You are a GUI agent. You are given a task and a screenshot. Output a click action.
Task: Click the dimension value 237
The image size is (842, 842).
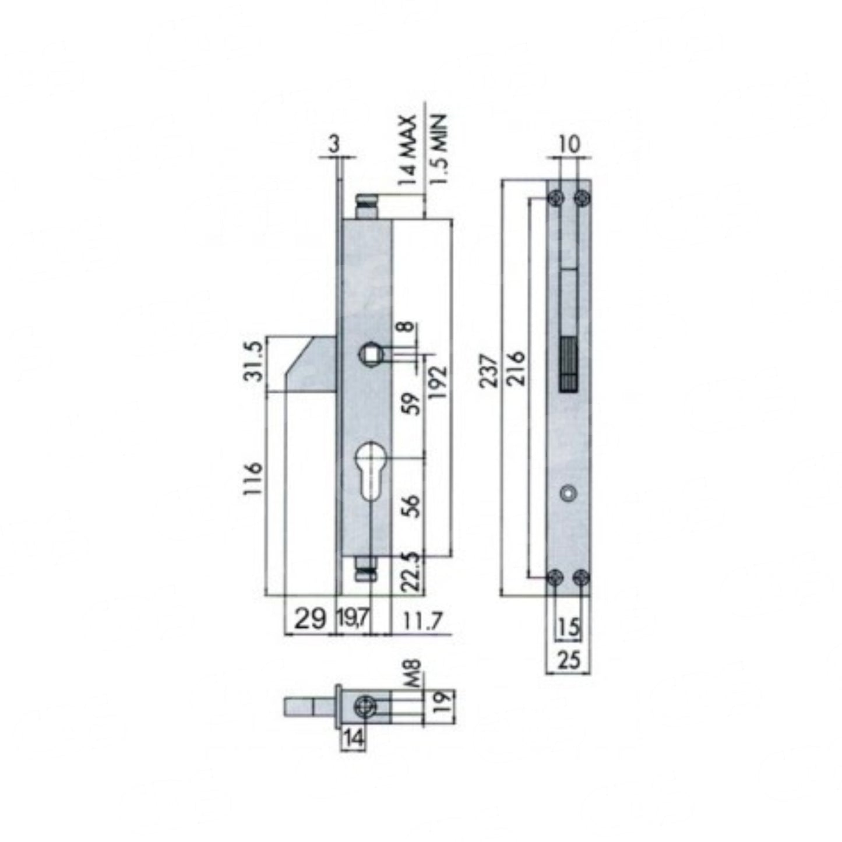tap(488, 371)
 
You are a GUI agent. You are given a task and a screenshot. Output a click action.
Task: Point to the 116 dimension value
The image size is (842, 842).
tap(252, 478)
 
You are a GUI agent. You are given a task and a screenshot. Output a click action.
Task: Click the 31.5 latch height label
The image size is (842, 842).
tap(252, 361)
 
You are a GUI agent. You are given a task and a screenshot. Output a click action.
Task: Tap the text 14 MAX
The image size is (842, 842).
tap(407, 150)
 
